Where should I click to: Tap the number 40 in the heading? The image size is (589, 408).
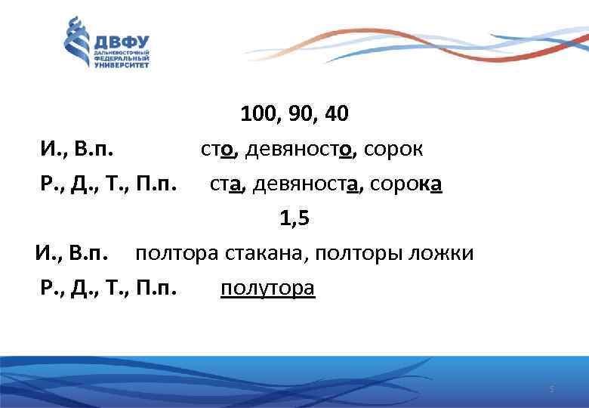(x=335, y=114)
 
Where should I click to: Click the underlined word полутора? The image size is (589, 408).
(x=267, y=289)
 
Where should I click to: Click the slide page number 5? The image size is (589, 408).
(x=551, y=389)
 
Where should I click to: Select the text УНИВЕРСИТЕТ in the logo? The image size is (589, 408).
(x=122, y=65)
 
